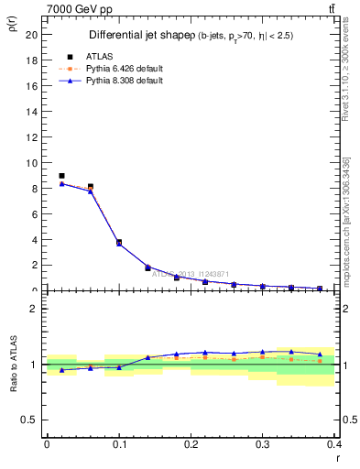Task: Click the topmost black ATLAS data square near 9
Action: tap(61, 176)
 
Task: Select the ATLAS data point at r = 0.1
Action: tap(119, 243)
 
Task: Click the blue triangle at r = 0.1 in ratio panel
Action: tap(119, 367)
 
